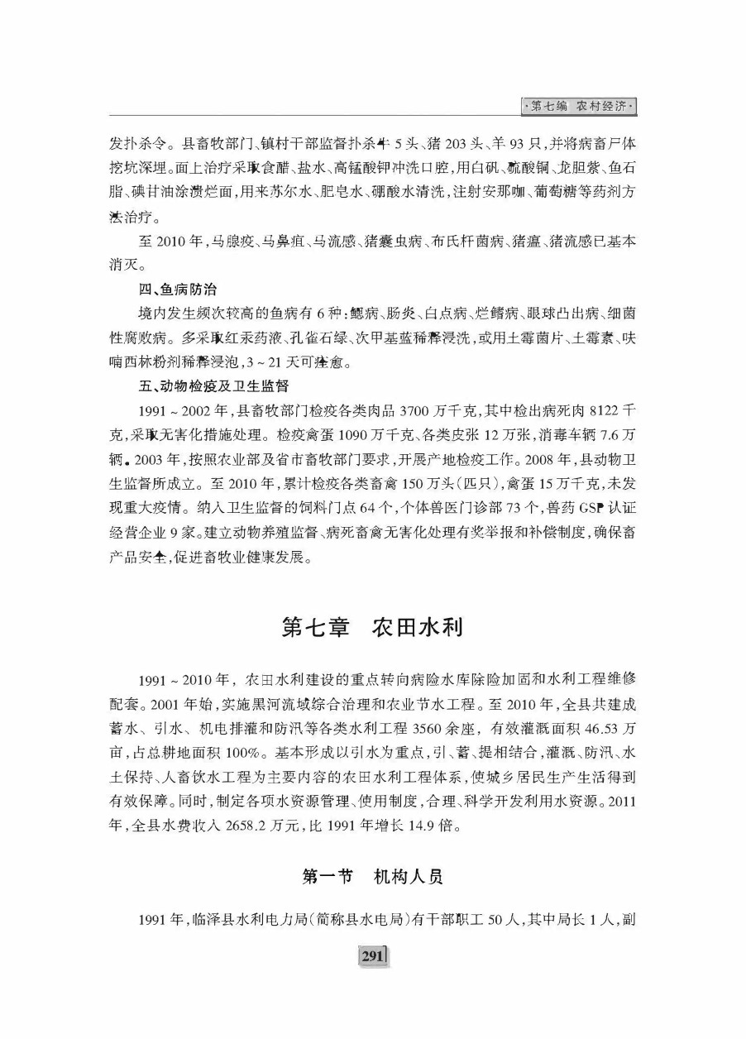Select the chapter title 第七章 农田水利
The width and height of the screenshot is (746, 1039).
point(372,627)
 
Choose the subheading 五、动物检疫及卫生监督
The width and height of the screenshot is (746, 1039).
point(213,385)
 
